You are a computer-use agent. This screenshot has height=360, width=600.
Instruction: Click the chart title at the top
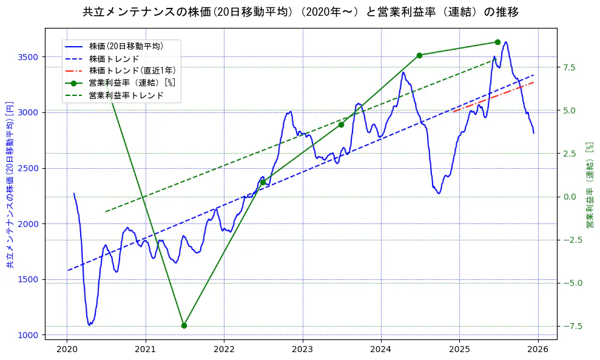[x=300, y=12]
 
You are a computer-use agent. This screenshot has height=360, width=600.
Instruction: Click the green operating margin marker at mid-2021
[x=184, y=325]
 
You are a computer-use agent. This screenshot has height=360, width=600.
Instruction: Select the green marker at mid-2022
[x=263, y=182]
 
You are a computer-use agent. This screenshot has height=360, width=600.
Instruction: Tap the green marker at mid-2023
[x=341, y=124]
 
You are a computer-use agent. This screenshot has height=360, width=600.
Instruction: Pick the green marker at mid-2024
[x=419, y=55]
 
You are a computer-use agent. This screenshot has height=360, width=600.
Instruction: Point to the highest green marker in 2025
[x=497, y=42]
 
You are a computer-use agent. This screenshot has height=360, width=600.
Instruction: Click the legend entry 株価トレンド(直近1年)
[x=130, y=70]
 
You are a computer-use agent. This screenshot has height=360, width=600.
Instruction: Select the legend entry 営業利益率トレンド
[x=126, y=95]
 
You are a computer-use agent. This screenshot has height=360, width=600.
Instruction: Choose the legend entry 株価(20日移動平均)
[x=126, y=46]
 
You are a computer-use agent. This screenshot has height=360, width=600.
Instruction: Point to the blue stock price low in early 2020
[x=90, y=325]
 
